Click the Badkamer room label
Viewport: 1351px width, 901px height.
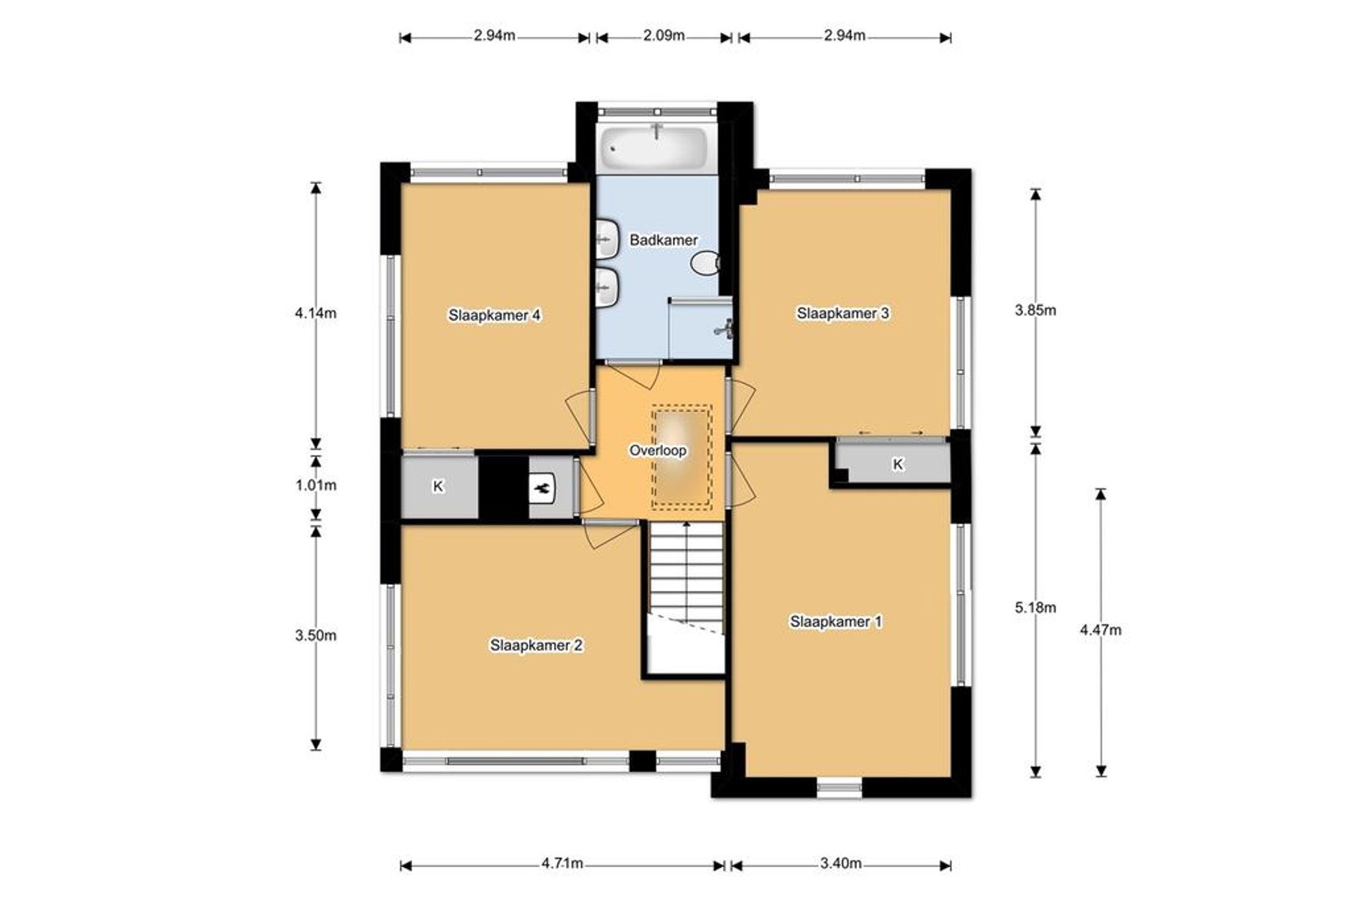point(663,239)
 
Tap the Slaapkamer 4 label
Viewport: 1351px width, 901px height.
point(494,315)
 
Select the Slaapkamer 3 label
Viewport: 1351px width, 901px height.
point(842,313)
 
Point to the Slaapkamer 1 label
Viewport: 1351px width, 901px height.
point(836,622)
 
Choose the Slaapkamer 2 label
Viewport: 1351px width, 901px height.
point(536,645)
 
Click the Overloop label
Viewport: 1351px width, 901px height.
point(657,450)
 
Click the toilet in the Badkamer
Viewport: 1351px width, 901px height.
point(705,263)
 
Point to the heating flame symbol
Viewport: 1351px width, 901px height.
point(542,488)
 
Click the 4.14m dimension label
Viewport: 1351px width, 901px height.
point(315,313)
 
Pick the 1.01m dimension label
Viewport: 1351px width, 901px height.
point(316,485)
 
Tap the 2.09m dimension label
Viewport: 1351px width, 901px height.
point(664,35)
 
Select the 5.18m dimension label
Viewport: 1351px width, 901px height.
point(1035,607)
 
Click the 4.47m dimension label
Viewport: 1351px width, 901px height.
point(1100,630)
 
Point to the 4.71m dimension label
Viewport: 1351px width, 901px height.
point(562,863)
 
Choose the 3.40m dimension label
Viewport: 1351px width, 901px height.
point(841,863)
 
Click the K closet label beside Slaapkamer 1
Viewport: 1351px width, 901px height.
point(898,464)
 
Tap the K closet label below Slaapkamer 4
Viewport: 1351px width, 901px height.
point(438,486)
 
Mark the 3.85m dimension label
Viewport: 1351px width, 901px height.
point(1035,310)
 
